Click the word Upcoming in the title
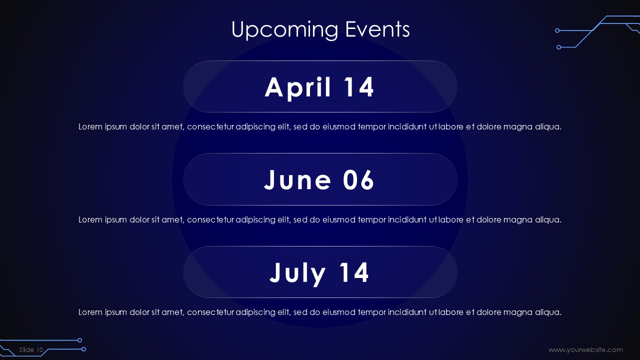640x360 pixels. click(284, 30)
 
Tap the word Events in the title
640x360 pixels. click(377, 29)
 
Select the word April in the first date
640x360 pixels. click(298, 87)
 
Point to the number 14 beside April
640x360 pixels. click(358, 87)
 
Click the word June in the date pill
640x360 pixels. click(297, 179)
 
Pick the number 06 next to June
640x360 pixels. click(358, 179)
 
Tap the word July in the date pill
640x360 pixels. click(297, 273)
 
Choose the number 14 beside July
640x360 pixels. click(354, 272)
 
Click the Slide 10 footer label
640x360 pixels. click(31, 349)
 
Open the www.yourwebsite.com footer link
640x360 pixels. click(585, 350)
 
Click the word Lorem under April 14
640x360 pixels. click(90, 126)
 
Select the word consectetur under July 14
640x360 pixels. click(210, 312)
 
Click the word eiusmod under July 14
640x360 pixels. click(339, 312)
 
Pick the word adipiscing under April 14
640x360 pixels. click(255, 127)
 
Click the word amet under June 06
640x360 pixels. click(173, 219)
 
